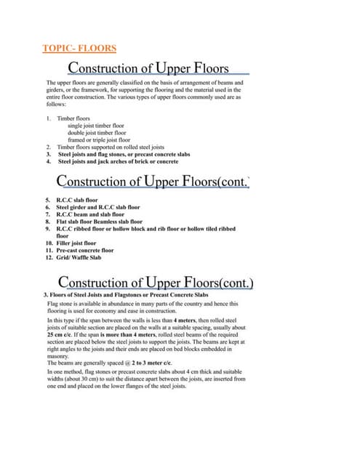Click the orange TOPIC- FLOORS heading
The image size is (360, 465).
click(81, 49)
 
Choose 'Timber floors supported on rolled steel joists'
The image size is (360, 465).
click(108, 147)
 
